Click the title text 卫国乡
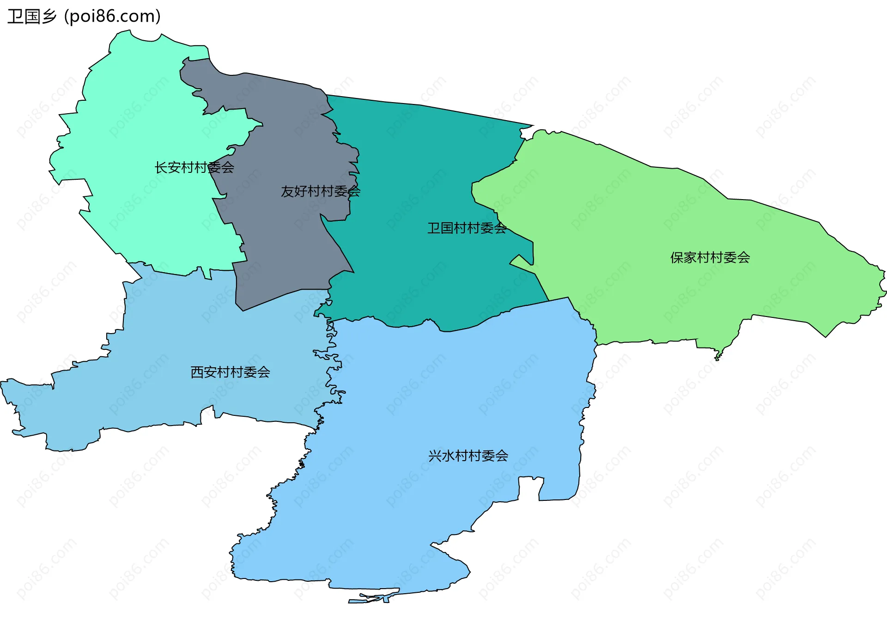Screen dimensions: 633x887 tap(31, 17)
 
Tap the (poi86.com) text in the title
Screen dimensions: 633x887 tap(112, 17)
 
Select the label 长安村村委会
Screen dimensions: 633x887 tap(194, 167)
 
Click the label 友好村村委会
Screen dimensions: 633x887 tap(320, 191)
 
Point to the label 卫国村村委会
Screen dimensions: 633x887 tap(467, 228)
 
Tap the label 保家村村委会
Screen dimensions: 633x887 tap(710, 258)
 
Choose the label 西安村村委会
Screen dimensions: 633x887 tap(230, 372)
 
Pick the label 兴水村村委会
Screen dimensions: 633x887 tap(468, 456)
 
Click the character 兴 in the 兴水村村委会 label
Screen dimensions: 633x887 tap(435, 456)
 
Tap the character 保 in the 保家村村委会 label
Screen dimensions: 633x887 tap(677, 258)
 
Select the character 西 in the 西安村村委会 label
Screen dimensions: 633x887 tap(197, 372)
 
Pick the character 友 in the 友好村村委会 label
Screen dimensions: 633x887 tap(287, 191)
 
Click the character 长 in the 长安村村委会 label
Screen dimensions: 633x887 tap(161, 167)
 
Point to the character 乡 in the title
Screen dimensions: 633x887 tap(49, 17)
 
